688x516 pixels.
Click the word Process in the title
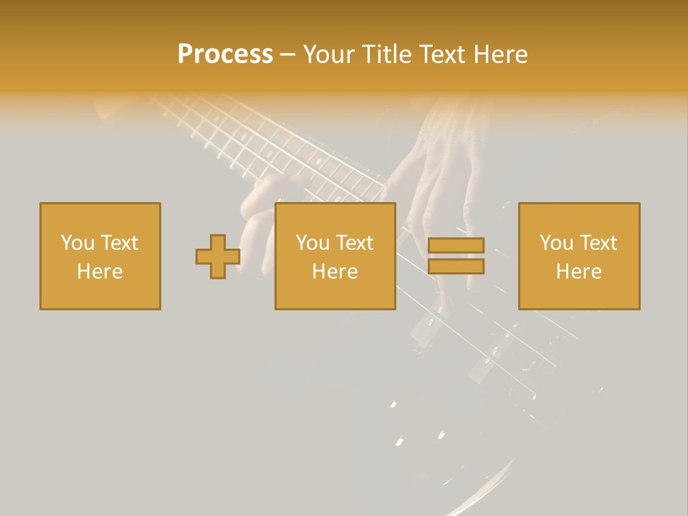(225, 54)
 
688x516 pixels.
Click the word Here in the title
(501, 54)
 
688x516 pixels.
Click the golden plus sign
(218, 257)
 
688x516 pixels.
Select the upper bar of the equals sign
(456, 246)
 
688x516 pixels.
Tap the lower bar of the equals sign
(456, 267)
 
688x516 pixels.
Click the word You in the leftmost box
(77, 243)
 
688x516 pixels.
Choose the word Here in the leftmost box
(100, 272)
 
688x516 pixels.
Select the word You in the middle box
(312, 243)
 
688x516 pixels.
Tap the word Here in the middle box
(335, 272)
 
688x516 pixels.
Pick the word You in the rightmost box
(556, 243)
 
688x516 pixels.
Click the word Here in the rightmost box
(579, 272)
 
